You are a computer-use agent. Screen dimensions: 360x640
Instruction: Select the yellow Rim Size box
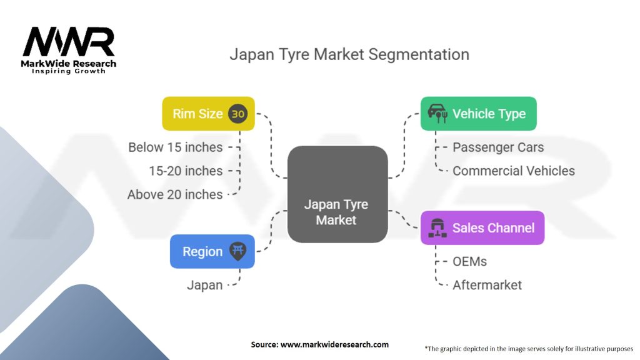pos(208,114)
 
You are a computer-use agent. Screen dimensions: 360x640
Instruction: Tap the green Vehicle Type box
pos(478,114)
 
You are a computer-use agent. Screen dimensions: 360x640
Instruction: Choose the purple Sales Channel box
pos(482,227)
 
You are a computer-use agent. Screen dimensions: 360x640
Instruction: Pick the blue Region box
pos(212,251)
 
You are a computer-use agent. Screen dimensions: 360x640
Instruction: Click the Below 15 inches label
pos(175,147)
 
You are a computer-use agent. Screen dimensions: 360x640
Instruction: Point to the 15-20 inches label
pos(186,171)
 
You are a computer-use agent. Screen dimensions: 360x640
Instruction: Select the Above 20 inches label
pos(175,194)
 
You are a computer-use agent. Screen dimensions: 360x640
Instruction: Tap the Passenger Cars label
pos(498,147)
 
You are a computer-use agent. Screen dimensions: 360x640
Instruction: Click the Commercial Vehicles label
pos(513,171)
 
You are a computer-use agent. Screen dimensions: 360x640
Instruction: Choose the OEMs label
pos(469,261)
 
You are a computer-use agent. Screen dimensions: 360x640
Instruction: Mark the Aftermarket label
pos(487,285)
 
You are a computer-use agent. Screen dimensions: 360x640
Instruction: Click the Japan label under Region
pos(204,285)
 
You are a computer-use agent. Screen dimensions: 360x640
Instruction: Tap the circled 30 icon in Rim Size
pos(237,114)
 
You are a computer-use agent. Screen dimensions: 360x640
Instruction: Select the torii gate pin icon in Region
pos(237,251)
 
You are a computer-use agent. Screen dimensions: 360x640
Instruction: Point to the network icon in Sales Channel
pos(436,227)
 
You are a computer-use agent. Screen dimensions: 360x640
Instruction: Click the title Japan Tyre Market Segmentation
pos(349,54)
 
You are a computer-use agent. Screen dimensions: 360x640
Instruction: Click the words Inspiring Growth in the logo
pos(69,71)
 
